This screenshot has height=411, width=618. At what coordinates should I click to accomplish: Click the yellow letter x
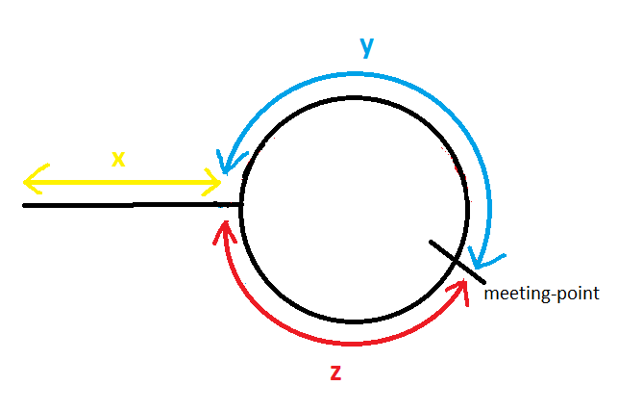tap(118, 159)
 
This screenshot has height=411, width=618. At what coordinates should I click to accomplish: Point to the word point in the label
tap(580, 293)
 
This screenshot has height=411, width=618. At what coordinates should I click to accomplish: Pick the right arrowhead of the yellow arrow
tap(214, 180)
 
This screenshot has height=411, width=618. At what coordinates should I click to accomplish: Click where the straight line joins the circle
tap(239, 205)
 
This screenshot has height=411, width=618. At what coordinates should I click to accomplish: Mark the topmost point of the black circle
tap(354, 96)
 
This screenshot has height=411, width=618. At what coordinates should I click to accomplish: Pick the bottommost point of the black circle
tap(354, 321)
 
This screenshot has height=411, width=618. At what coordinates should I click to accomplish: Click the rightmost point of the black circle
tap(468, 209)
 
